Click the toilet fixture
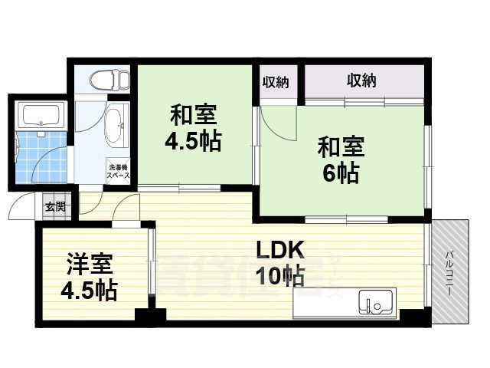105,80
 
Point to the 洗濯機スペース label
119,171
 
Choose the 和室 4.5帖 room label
193,129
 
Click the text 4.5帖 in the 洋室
90,291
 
